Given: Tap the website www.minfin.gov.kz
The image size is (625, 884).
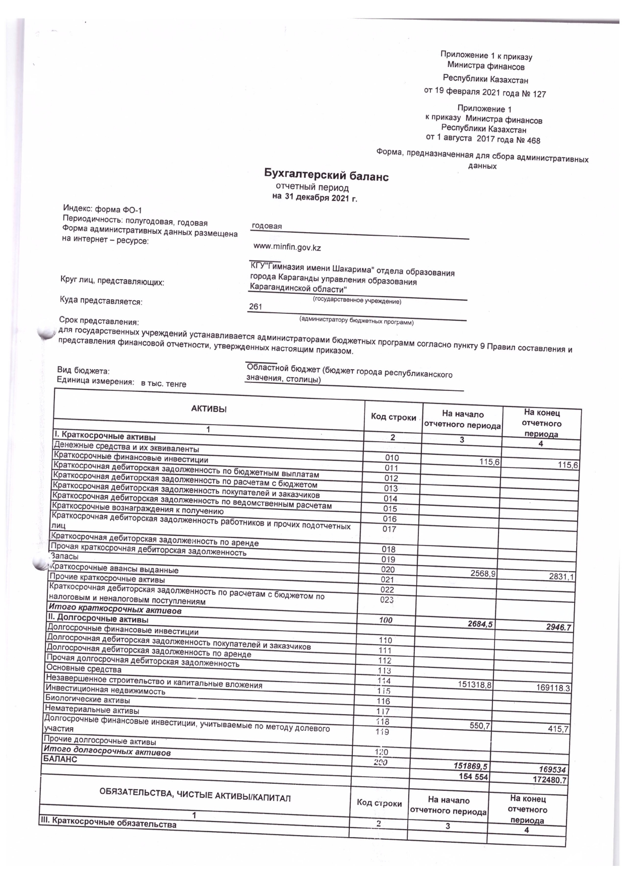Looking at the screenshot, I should (287, 248).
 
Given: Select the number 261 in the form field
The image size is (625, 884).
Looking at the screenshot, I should (256, 306).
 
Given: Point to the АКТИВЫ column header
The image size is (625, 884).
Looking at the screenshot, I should (209, 409).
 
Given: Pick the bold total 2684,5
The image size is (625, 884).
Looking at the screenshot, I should (474, 624).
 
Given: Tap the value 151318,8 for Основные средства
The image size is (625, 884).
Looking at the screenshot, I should (474, 685).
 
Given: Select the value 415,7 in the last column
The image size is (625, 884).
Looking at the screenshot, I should (558, 728).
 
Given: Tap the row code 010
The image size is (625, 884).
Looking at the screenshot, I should (392, 458).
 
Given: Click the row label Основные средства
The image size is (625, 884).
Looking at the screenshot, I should (84, 669).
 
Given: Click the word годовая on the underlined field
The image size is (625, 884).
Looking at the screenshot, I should (267, 226).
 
